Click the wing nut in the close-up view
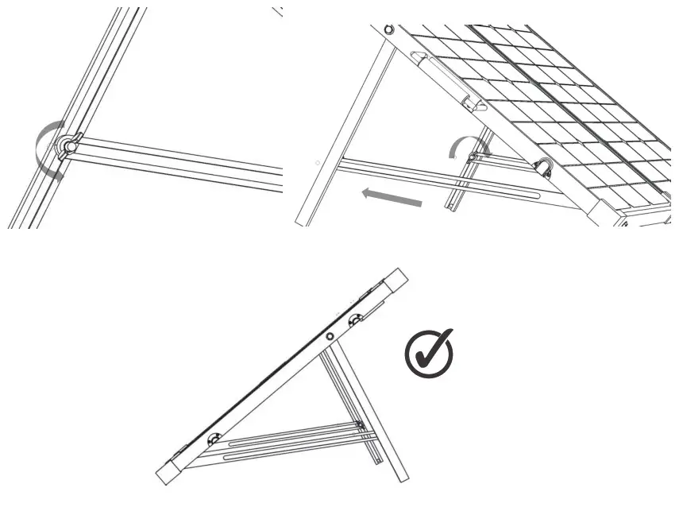pyautogui.click(x=68, y=146)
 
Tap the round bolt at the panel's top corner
pyautogui.click(x=388, y=30)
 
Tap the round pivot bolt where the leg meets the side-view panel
pyautogui.click(x=329, y=338)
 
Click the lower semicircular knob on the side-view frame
pyautogui.click(x=214, y=439)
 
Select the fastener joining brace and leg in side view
pyautogui.click(x=360, y=426)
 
